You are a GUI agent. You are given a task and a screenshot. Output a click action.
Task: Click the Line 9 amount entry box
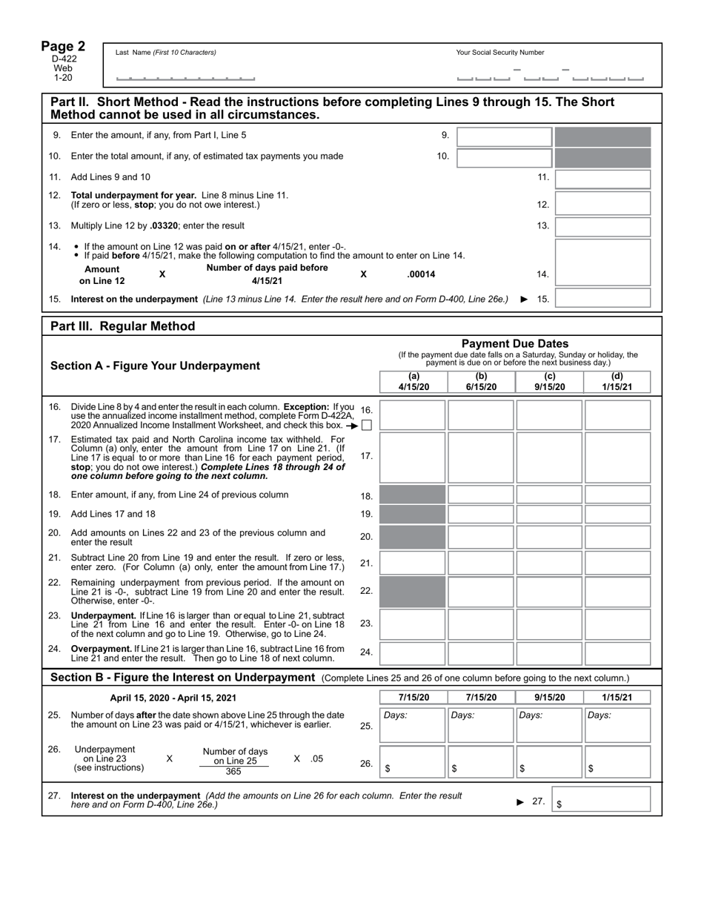tap(504, 137)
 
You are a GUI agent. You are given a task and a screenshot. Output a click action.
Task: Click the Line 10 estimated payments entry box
tap(504, 157)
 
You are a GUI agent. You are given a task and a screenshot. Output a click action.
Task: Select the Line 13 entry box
tap(602, 226)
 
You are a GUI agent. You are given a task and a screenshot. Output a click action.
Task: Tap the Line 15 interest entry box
tap(602, 299)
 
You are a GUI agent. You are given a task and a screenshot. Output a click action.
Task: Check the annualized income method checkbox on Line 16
tap(367, 426)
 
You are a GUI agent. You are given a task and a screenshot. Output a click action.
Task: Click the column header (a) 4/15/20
tap(414, 382)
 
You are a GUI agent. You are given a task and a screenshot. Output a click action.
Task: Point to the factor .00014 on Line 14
tap(421, 274)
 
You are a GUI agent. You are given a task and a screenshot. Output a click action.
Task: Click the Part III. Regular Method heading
tap(123, 326)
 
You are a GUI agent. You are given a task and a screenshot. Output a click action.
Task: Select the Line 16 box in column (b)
tap(481, 415)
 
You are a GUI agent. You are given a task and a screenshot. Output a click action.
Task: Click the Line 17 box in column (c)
tap(549, 457)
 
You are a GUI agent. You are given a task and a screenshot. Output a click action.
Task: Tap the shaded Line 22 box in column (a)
tap(413, 592)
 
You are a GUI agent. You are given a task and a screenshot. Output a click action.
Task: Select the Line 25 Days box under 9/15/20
tap(549, 725)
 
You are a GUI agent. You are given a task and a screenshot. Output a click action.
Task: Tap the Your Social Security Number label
tap(500, 53)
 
